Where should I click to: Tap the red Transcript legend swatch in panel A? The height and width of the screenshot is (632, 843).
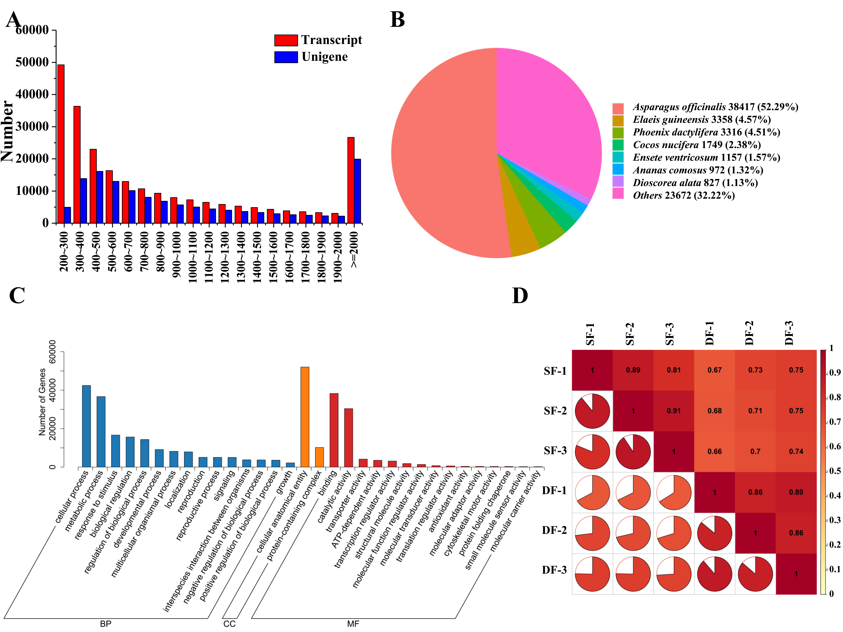pyautogui.click(x=286, y=40)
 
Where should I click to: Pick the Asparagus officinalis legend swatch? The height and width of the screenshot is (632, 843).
pyautogui.click(x=618, y=108)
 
